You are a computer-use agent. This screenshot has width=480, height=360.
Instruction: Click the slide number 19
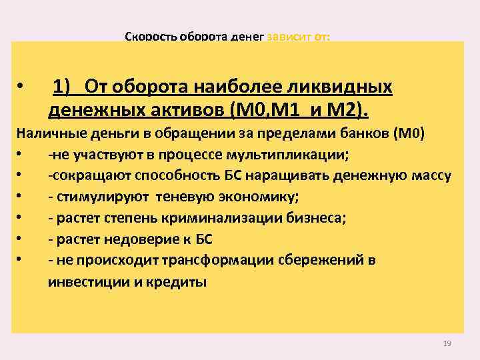(x=447, y=343)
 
